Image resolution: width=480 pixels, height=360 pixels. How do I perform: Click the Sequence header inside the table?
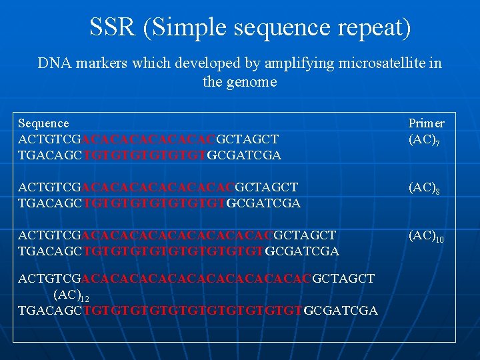pyautogui.click(x=43, y=123)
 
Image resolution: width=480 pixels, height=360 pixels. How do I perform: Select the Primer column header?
pyautogui.click(x=426, y=123)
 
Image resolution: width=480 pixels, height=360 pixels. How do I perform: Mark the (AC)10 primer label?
pyautogui.click(x=426, y=236)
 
